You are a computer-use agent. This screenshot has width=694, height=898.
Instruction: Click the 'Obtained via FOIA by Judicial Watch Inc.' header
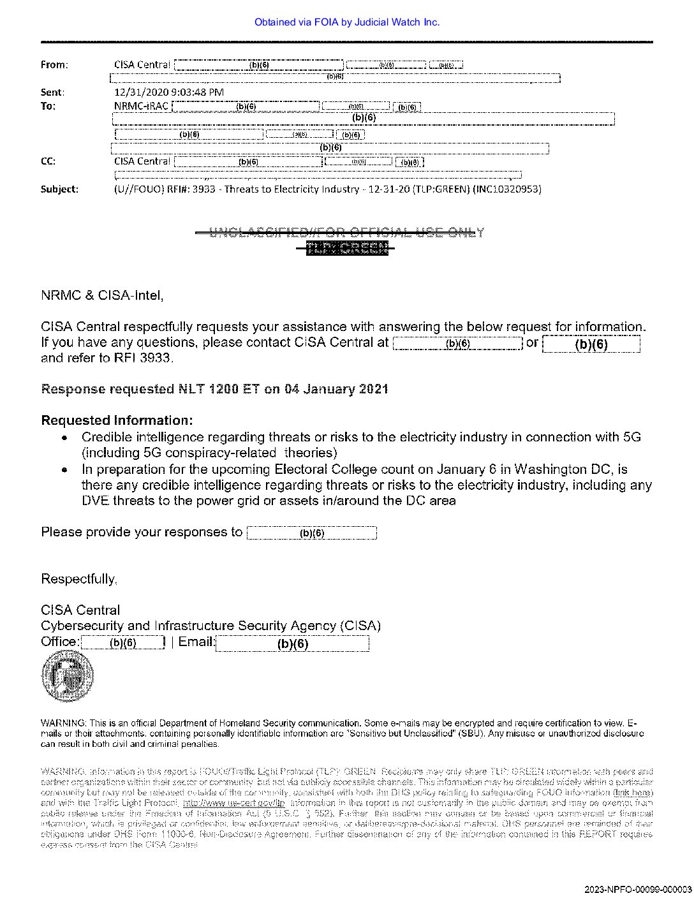[346, 22]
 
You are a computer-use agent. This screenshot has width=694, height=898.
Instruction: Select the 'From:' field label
[54, 65]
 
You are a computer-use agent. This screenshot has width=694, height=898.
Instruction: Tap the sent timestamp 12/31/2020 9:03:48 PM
[168, 92]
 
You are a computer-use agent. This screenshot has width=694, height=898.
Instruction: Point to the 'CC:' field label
[48, 161]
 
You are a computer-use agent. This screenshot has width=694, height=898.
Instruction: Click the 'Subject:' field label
[59, 189]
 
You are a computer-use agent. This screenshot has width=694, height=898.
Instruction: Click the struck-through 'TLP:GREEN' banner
[346, 248]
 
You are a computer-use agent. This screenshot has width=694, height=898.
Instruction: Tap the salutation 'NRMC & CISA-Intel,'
[102, 295]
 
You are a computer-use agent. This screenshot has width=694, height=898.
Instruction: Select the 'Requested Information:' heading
[117, 420]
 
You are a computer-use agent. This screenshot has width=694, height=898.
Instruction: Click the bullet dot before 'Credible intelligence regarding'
[65, 438]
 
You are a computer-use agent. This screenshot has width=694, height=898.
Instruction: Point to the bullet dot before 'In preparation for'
[65, 470]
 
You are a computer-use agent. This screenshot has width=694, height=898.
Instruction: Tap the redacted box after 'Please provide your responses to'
[311, 533]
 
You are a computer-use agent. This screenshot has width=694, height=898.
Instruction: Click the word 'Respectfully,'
[79, 579]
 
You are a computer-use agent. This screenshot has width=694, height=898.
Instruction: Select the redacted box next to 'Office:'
[123, 642]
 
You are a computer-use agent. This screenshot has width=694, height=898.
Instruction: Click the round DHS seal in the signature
[67, 675]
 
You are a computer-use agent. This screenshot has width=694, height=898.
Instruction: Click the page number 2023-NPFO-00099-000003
[637, 889]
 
